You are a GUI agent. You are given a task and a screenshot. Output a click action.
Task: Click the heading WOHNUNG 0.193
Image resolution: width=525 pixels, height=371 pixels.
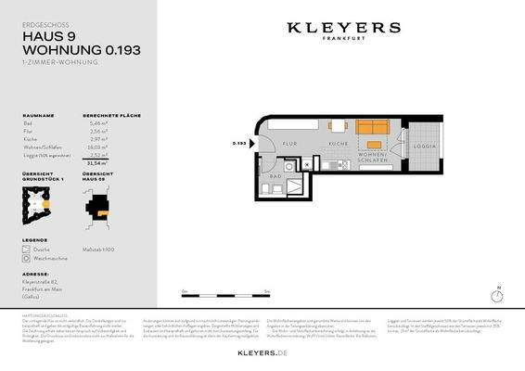81,50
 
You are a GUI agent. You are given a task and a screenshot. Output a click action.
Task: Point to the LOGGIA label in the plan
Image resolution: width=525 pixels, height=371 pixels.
424,147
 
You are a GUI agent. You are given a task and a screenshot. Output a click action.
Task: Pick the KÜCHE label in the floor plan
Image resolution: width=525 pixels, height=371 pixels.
338,145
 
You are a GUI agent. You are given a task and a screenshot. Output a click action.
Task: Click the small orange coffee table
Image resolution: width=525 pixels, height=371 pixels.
374,145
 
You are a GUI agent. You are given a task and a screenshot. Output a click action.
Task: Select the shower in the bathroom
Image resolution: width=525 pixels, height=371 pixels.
295,185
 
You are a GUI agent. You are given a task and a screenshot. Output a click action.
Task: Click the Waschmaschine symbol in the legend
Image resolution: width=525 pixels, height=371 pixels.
28,259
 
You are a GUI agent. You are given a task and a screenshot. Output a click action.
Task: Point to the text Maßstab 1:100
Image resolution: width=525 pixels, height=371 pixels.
99,247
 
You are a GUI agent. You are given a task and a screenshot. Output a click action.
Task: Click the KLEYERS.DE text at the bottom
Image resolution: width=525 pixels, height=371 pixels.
262,353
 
